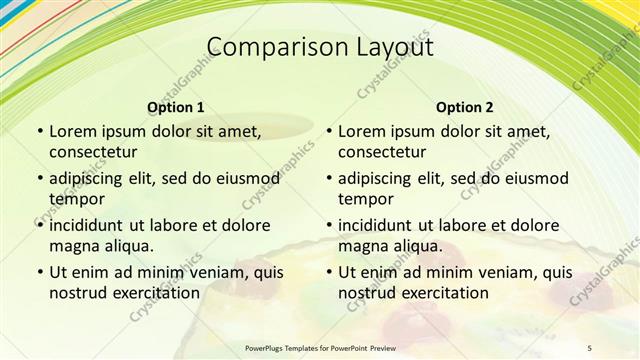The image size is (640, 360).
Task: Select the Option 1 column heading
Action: tap(176, 107)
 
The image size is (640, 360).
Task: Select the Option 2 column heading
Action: tap(465, 107)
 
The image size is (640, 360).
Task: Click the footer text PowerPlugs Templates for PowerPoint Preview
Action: tap(319, 348)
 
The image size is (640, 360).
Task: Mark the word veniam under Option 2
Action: tap(495, 272)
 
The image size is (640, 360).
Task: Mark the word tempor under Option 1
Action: tap(77, 199)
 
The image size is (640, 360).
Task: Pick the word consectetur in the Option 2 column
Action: tap(382, 152)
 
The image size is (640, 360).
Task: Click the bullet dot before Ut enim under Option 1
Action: tap(39, 272)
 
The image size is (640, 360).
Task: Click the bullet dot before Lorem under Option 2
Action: tap(328, 131)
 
